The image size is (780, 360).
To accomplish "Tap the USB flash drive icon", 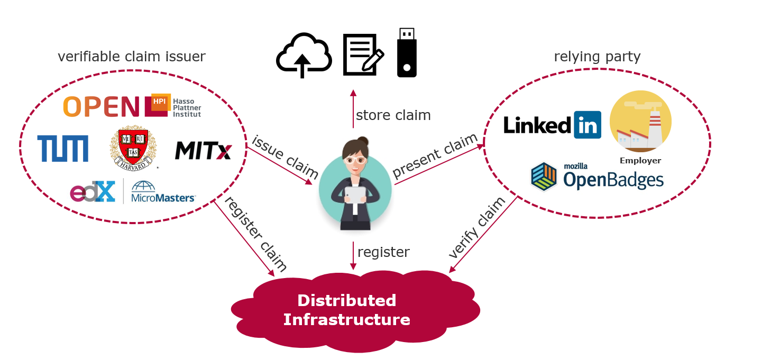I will click(407, 53).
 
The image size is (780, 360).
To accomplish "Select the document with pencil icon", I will click(363, 54).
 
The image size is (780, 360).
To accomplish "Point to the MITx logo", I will click(203, 151).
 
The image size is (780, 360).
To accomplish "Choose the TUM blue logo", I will click(63, 148).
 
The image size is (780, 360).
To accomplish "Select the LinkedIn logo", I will click(552, 125).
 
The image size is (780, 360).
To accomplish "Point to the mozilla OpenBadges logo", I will click(598, 176).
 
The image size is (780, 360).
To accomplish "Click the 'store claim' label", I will click(393, 115).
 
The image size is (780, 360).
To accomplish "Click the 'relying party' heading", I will click(597, 57).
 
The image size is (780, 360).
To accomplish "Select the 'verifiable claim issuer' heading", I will click(132, 57).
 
